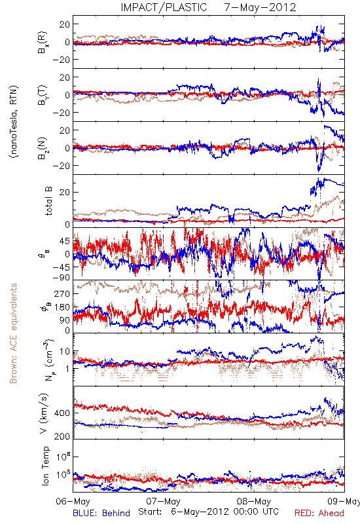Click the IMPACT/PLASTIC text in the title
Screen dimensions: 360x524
tap(164, 7)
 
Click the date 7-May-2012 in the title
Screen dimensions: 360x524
tap(260, 7)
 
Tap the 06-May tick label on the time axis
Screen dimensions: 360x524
tap(73, 502)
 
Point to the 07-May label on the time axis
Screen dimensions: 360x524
tap(163, 502)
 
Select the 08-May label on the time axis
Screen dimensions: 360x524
tap(254, 502)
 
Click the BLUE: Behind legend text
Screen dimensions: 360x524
tap(101, 513)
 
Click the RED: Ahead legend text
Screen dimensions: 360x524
tap(319, 513)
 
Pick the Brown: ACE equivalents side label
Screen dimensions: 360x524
tap(13, 333)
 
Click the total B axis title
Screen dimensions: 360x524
tap(48, 201)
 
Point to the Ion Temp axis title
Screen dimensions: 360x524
tap(45, 466)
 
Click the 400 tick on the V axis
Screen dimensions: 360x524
tap(62, 413)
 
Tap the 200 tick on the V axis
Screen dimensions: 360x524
tap(62, 436)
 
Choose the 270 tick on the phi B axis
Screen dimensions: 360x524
tap(62, 293)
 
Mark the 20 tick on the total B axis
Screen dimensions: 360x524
tap(65, 192)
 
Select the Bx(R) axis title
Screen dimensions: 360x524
tap(43, 43)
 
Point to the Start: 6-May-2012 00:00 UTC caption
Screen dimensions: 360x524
tap(208, 512)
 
